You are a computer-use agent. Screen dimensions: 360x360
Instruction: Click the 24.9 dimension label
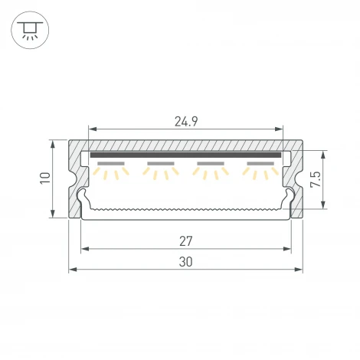coord(186,120)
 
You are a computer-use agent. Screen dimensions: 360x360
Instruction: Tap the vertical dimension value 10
coord(45,178)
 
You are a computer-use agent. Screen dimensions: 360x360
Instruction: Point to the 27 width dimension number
coord(186,241)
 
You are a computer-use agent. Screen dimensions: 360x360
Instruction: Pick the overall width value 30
coord(186,261)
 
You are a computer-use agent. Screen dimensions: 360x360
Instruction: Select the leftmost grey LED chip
coord(111,165)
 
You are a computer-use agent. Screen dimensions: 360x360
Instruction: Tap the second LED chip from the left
coord(160,165)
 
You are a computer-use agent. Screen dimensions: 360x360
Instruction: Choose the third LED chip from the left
coord(211,165)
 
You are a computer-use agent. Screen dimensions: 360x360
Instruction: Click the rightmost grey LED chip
coord(260,165)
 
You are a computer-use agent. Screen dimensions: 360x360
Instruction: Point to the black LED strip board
coord(185,155)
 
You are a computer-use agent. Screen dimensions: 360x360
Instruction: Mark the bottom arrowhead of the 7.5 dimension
coord(325,205)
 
